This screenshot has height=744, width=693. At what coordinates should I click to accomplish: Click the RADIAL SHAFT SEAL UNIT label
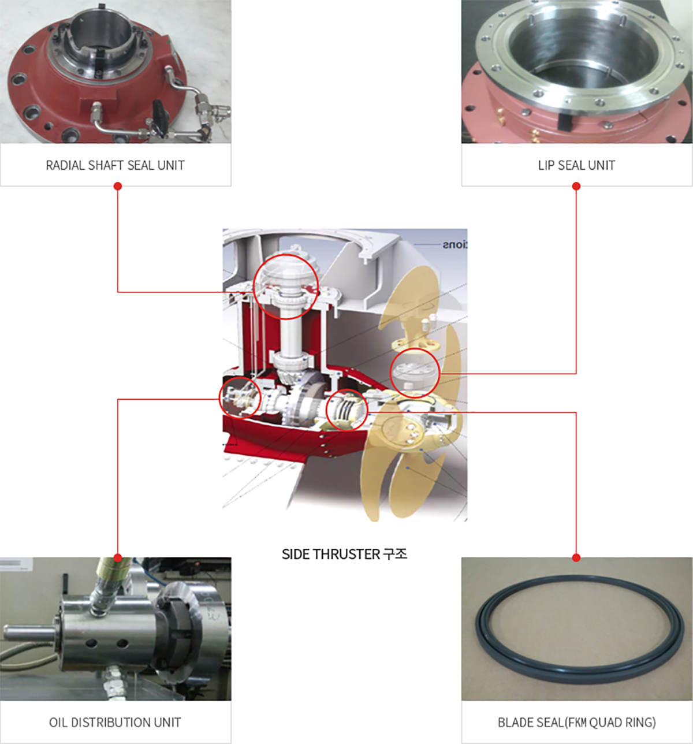click(x=115, y=165)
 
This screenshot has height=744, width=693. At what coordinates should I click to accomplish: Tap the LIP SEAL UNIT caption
click(x=576, y=165)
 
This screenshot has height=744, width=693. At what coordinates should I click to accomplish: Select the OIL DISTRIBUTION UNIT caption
click(x=115, y=722)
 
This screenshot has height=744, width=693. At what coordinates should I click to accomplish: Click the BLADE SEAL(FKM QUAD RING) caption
click(x=576, y=722)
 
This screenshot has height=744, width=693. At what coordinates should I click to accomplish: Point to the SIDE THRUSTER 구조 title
click(x=344, y=554)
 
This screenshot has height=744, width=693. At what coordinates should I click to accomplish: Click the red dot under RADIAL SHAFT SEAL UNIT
click(x=118, y=186)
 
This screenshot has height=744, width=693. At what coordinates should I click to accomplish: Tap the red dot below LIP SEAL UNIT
click(x=576, y=186)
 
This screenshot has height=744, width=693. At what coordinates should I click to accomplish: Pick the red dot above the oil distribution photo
click(x=118, y=558)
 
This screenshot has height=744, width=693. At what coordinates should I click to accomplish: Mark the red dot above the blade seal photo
click(x=576, y=558)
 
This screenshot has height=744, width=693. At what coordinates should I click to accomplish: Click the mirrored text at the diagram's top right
click(x=454, y=245)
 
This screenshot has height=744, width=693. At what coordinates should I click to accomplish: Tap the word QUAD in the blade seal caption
click(x=603, y=722)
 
